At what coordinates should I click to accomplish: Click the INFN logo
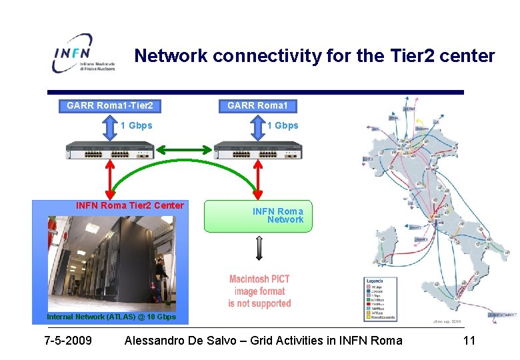[x=83, y=53]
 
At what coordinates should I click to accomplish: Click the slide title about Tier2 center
[x=315, y=56]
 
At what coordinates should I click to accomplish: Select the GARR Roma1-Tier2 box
[x=110, y=105]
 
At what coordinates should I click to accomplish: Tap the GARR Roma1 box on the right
[x=258, y=105]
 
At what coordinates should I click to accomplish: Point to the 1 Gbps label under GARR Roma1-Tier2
[x=137, y=125]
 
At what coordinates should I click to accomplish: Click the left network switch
[x=110, y=151]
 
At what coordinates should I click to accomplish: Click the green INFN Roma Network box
[x=257, y=215]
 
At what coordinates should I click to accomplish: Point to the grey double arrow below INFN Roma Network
[x=259, y=248]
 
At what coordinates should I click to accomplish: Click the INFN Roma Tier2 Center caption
[x=130, y=205]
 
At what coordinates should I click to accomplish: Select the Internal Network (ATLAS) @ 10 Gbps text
[x=111, y=317]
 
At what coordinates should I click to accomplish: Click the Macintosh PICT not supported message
[x=259, y=291]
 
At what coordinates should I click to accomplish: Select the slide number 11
[x=469, y=341]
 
